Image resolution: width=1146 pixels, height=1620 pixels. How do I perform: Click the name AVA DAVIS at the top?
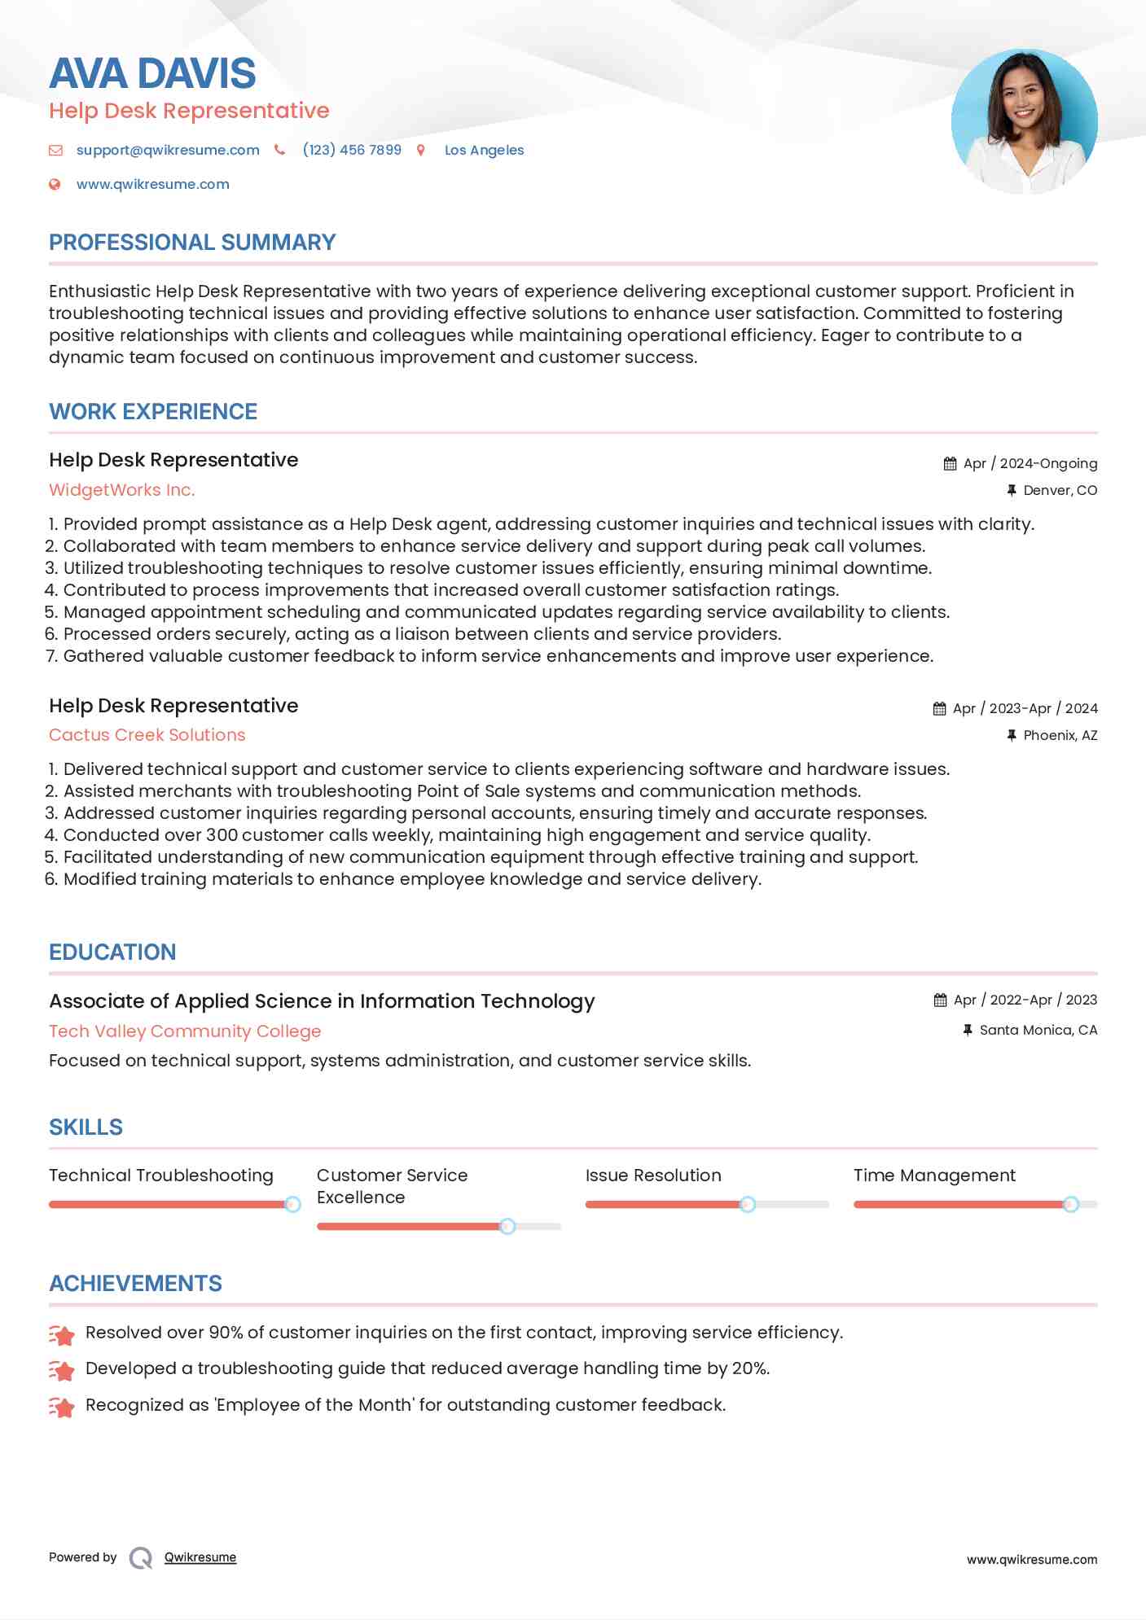coord(152,73)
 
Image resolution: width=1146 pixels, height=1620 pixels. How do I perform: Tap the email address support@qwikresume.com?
coord(168,150)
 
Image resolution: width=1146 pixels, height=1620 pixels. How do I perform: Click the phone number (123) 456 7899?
coord(352,150)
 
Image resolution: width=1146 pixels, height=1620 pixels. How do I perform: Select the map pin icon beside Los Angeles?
coord(421,150)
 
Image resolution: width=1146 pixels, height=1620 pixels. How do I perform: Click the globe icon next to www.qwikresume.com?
coord(55,184)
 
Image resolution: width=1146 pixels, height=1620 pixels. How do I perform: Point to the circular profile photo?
coord(1024,121)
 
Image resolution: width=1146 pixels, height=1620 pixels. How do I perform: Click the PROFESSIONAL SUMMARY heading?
coord(192,243)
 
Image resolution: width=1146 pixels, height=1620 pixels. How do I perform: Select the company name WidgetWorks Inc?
coord(121,490)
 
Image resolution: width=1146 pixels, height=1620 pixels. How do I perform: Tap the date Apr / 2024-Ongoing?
coord(1030,463)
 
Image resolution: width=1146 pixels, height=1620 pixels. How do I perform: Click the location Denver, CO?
coord(1060,490)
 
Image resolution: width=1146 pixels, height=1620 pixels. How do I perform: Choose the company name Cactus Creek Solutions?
coord(147,735)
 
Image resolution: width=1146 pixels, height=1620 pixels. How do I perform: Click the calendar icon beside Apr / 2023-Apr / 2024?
coord(939,708)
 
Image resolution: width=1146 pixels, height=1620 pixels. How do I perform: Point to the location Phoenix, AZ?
coord(1060,735)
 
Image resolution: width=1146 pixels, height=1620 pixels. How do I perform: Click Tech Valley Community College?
coord(185,1031)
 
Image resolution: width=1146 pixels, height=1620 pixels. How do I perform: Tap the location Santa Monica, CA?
coord(1038,1030)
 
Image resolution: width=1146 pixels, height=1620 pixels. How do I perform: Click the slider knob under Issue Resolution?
coord(747,1204)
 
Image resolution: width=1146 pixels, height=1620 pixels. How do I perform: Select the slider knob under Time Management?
coord(1070,1204)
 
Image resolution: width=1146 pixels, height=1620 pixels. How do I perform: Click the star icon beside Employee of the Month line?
coord(62,1407)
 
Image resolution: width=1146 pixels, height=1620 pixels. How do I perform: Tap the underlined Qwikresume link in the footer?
coord(200,1557)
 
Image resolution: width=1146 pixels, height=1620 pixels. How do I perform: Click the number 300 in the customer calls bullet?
coord(222,835)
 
